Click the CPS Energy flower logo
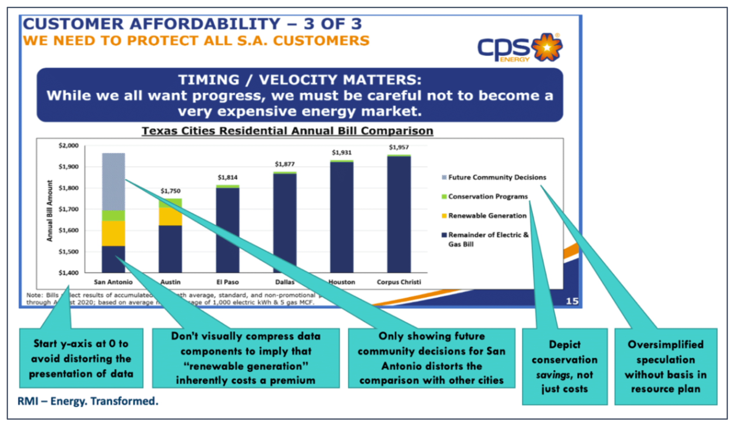(x=547, y=47)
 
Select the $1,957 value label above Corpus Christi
(x=399, y=147)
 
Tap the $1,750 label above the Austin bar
(x=171, y=191)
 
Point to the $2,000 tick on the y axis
(x=68, y=146)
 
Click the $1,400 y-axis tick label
(x=68, y=273)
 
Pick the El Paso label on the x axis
(x=228, y=282)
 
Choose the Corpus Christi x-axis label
(x=399, y=282)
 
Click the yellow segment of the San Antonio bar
(x=113, y=234)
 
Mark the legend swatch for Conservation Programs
(x=444, y=197)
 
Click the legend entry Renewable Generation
(x=487, y=216)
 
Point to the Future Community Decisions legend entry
(x=497, y=178)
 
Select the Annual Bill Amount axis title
(x=50, y=211)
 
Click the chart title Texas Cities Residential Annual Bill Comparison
(x=288, y=131)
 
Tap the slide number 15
(x=572, y=301)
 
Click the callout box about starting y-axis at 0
(x=81, y=358)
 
